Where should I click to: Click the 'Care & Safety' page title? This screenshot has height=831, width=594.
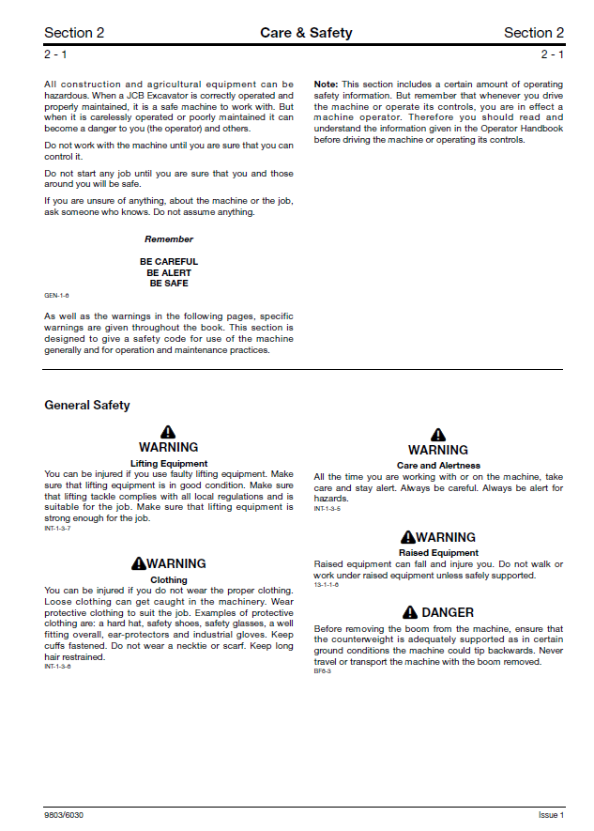pyautogui.click(x=306, y=33)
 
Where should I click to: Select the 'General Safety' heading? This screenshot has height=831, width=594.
pyautogui.click(x=87, y=406)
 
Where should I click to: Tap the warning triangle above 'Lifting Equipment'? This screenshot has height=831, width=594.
pyautogui.click(x=168, y=432)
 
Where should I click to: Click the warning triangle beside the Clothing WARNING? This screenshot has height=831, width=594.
pyautogui.click(x=139, y=563)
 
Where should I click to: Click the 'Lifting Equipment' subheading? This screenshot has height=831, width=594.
pyautogui.click(x=169, y=464)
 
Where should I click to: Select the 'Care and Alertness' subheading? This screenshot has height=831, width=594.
pyautogui.click(x=438, y=466)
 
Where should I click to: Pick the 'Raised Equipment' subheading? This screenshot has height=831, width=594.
pyautogui.click(x=438, y=553)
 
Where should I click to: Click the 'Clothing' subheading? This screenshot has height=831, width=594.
pyautogui.click(x=169, y=580)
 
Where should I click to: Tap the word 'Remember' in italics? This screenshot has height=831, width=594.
pyautogui.click(x=169, y=239)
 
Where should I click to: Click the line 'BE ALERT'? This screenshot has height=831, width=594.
pyautogui.click(x=169, y=272)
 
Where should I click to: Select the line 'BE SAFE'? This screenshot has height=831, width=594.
pyautogui.click(x=169, y=283)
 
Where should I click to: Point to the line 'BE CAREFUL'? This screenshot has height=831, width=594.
pyautogui.click(x=169, y=262)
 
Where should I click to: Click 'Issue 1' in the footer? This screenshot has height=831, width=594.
pyautogui.click(x=551, y=815)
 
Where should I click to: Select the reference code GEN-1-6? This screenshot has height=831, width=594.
pyautogui.click(x=56, y=295)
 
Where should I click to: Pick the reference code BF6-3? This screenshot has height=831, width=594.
pyautogui.click(x=323, y=671)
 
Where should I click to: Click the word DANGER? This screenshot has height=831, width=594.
pyautogui.click(x=448, y=612)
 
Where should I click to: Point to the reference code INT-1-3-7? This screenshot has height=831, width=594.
pyautogui.click(x=57, y=529)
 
